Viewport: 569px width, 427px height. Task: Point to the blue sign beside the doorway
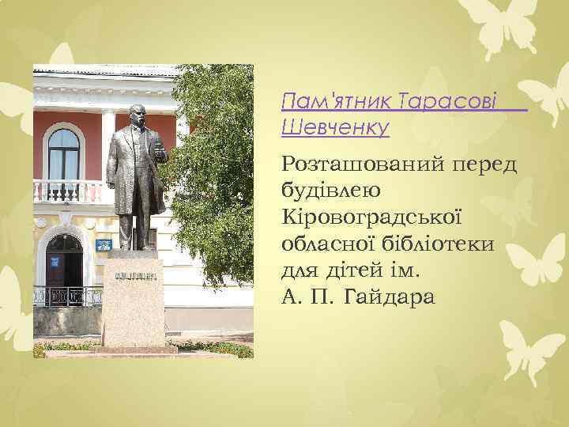[x=103, y=245]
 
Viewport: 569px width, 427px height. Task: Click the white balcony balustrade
[x=70, y=191]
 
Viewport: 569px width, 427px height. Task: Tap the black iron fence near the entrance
[x=67, y=296]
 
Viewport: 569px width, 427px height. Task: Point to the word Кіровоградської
[x=371, y=217]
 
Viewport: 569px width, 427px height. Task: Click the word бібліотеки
[x=442, y=244]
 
